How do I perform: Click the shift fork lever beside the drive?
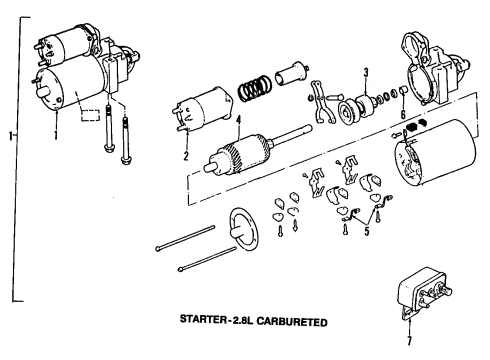pyautogui.click(x=321, y=103)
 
